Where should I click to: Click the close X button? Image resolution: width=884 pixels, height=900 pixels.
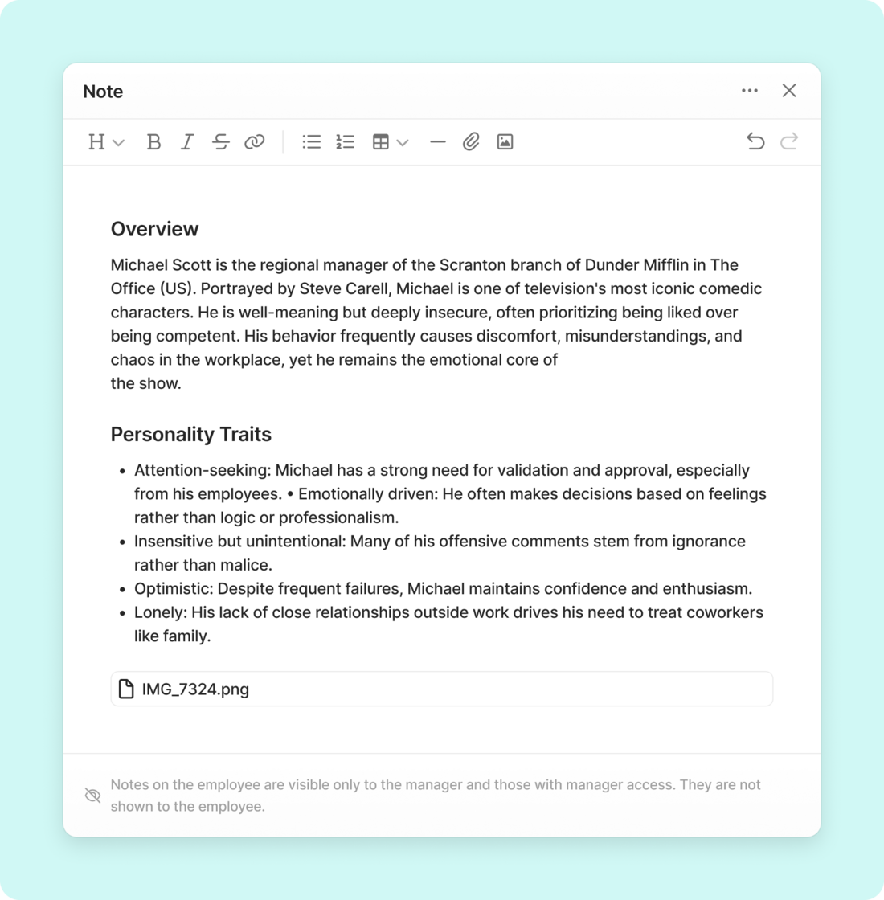[789, 91]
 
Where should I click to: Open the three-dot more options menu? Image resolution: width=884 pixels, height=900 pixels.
[750, 91]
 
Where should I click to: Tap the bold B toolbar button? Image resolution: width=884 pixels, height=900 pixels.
[153, 142]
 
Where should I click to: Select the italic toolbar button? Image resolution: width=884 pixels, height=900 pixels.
[187, 142]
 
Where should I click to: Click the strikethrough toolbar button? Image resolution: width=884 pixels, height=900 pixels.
[221, 142]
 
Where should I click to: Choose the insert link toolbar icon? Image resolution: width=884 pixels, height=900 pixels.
[255, 142]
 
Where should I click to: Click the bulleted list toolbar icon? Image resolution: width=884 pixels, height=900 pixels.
[312, 142]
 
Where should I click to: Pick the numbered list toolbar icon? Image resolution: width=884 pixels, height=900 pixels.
[346, 142]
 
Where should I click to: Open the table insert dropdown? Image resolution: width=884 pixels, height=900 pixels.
[390, 142]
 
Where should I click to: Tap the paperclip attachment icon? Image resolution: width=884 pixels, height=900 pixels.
[471, 142]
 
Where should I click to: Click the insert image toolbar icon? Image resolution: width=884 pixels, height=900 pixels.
[505, 142]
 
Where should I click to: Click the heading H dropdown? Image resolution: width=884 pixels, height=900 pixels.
[105, 142]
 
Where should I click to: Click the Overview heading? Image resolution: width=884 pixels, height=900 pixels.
[154, 229]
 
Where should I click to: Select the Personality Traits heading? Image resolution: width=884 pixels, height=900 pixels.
[190, 435]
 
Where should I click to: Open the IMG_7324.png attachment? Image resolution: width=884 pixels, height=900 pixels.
[195, 689]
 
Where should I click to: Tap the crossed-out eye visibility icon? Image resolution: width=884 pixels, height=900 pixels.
[93, 796]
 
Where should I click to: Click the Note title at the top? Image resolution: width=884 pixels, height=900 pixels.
[103, 92]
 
